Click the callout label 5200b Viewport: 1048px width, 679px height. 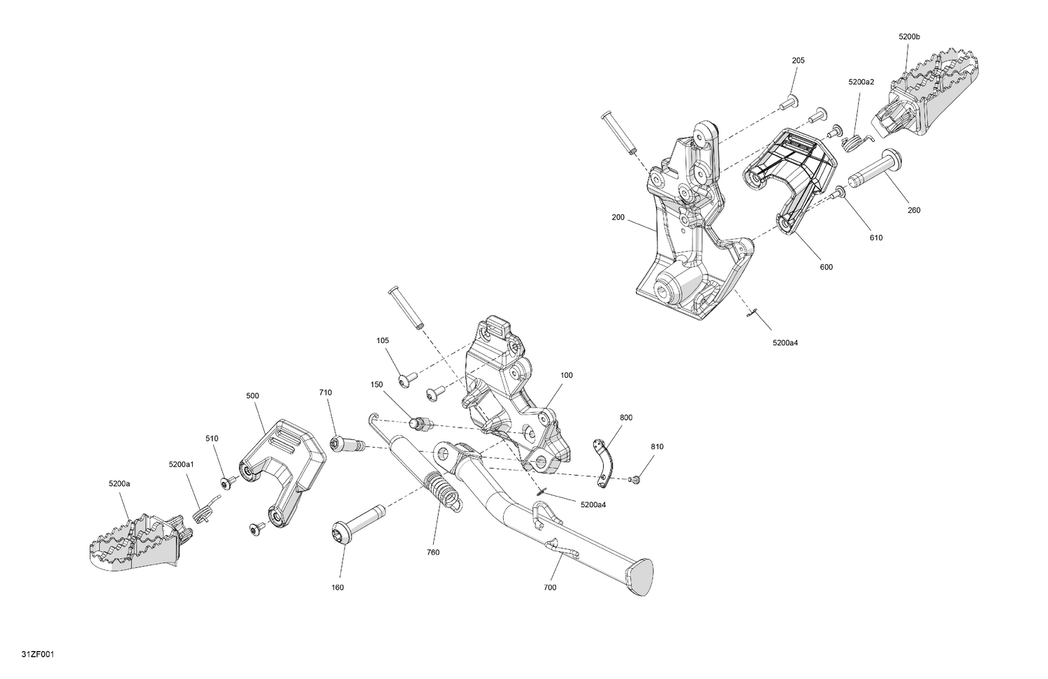coord(909,37)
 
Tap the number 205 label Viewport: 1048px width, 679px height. coord(798,61)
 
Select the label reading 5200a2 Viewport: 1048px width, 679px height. coord(861,82)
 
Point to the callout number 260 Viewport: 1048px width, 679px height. coord(914,210)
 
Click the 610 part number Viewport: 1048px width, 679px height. coord(876,238)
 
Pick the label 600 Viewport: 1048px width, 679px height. coord(827,267)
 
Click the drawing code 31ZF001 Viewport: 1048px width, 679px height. coord(38,655)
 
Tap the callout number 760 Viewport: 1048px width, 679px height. coord(433,553)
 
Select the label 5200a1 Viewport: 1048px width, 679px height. coord(182,465)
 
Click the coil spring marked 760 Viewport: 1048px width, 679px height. coord(442,491)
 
